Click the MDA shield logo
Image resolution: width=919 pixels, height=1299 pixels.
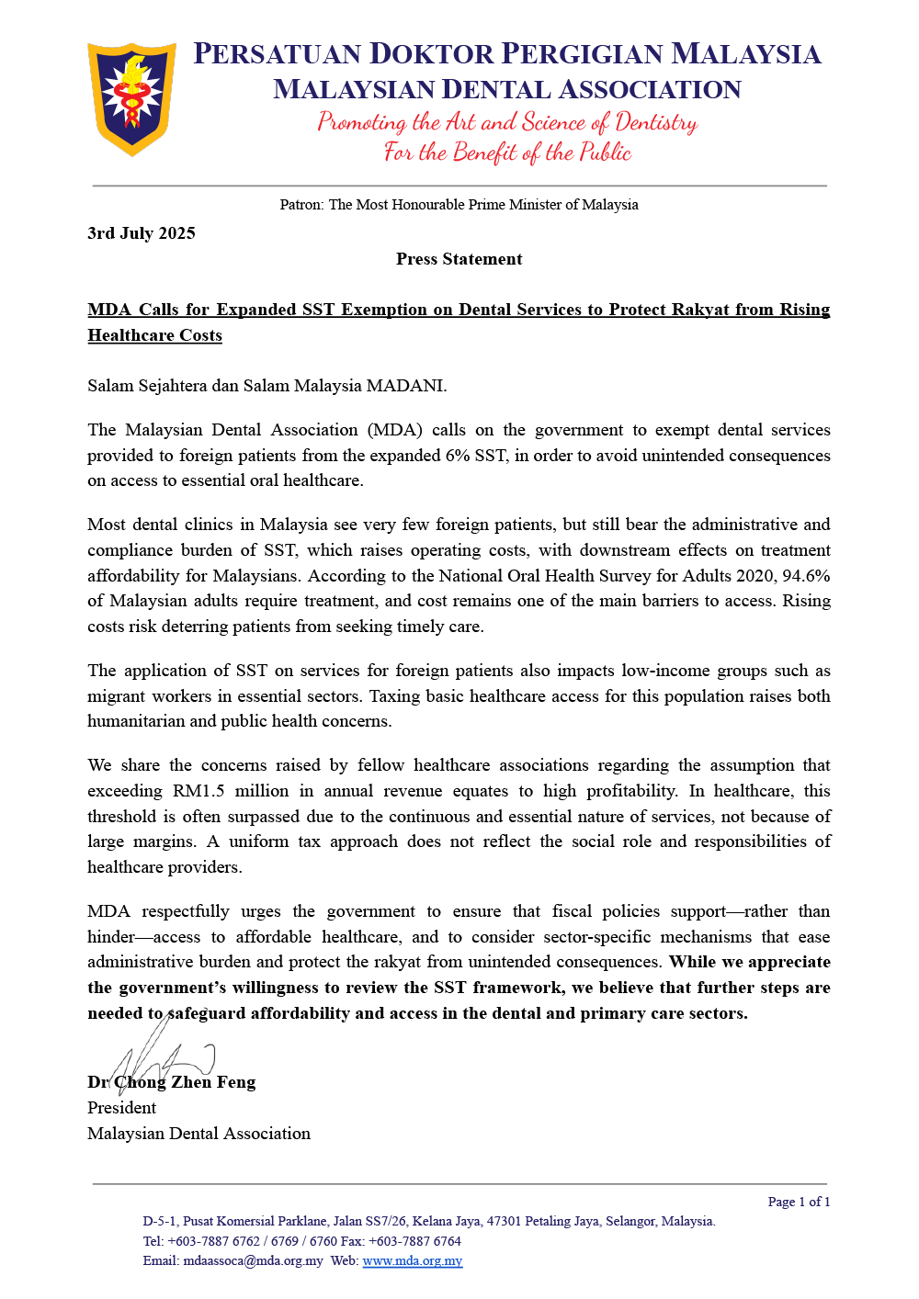click(131, 97)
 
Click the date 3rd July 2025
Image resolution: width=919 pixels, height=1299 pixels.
click(142, 233)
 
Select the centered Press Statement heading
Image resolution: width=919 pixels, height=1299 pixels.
click(459, 259)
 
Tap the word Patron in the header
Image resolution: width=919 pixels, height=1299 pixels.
click(301, 205)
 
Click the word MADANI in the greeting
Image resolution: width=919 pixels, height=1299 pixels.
click(405, 386)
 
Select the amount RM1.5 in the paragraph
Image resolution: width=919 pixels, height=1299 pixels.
click(199, 791)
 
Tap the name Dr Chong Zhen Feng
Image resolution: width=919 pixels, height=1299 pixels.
click(172, 1082)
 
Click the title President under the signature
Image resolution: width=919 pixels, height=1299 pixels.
click(121, 1108)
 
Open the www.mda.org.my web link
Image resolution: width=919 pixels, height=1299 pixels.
click(413, 1260)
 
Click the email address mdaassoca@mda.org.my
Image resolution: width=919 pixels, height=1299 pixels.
click(253, 1260)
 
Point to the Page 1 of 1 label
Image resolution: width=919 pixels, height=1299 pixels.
click(799, 1202)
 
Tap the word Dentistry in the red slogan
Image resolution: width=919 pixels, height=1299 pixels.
click(656, 122)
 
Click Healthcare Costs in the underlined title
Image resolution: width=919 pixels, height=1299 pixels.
click(155, 335)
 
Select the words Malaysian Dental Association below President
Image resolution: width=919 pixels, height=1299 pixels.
click(199, 1134)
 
